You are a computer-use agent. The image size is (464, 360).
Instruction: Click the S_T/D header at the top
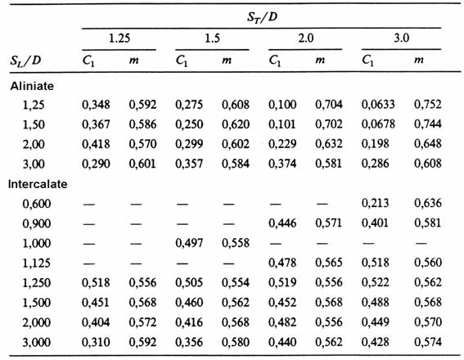click(x=262, y=17)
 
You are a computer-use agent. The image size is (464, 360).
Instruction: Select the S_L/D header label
click(x=25, y=61)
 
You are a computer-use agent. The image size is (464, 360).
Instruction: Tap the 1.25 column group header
click(x=119, y=38)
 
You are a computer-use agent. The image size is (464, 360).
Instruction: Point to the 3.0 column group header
click(x=401, y=38)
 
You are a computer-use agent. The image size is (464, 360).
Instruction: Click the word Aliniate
click(x=32, y=86)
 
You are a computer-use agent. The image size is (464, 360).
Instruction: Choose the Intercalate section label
click(x=38, y=184)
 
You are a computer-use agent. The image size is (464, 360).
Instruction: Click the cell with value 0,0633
click(x=378, y=104)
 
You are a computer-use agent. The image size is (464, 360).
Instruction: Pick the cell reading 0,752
click(x=428, y=104)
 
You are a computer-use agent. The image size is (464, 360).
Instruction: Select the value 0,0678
click(x=378, y=124)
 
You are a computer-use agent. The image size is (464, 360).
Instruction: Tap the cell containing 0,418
click(x=96, y=144)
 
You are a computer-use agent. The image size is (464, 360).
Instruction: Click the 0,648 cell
click(x=428, y=143)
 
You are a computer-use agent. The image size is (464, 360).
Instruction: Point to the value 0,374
click(x=282, y=164)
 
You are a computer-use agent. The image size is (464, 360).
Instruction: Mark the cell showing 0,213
click(x=375, y=203)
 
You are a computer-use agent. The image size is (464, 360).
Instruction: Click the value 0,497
click(x=189, y=243)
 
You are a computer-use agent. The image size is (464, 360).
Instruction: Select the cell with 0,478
click(x=282, y=263)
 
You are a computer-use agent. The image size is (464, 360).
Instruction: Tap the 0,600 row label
click(x=37, y=204)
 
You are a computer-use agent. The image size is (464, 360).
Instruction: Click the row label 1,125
click(x=37, y=263)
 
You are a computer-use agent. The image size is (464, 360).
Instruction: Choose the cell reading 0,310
click(x=96, y=342)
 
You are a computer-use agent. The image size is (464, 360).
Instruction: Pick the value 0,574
click(x=428, y=342)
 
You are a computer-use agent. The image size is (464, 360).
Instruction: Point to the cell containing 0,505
click(x=189, y=282)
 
